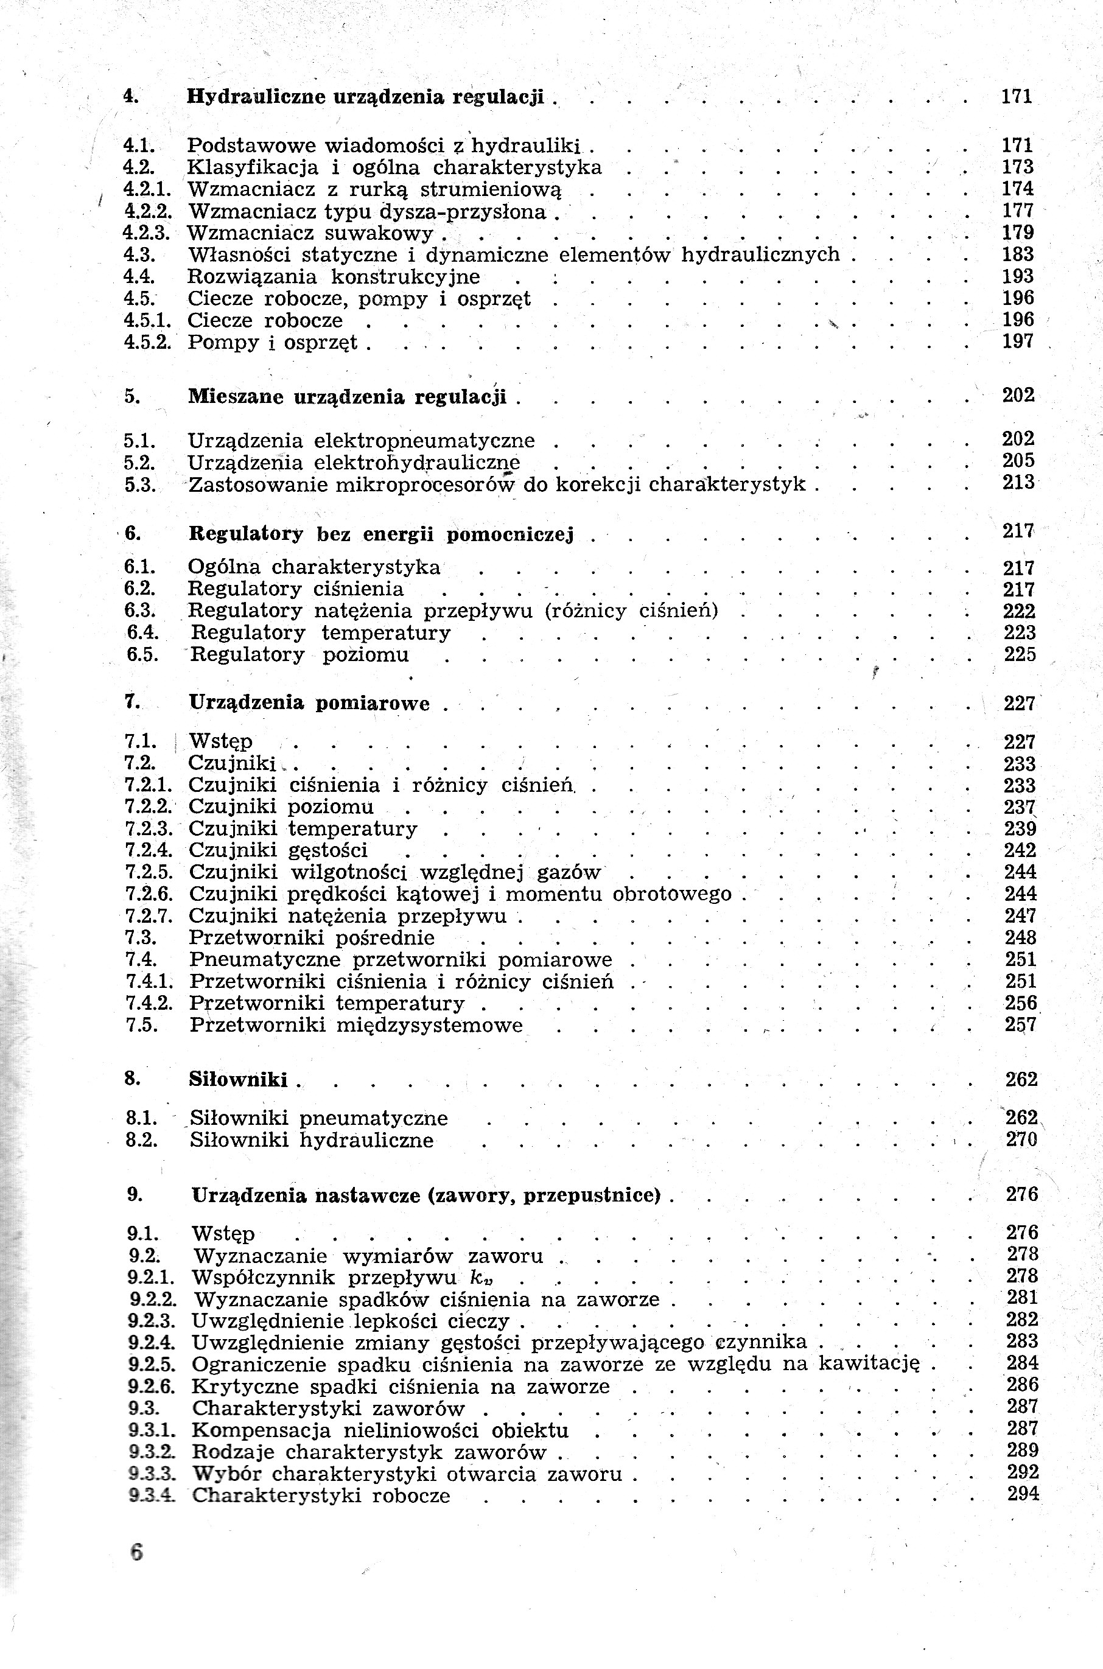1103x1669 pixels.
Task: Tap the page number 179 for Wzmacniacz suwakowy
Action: [1017, 233]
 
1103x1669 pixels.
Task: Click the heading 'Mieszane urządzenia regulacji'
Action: [347, 397]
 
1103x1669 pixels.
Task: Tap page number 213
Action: [1018, 483]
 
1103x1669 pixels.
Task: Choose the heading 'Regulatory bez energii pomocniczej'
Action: [381, 534]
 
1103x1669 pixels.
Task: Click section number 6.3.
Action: [139, 611]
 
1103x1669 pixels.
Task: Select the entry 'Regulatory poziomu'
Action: [299, 655]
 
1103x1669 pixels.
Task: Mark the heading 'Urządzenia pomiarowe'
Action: [309, 703]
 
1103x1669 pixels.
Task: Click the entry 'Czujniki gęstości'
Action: [279, 850]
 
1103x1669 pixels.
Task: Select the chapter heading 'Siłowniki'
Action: [238, 1080]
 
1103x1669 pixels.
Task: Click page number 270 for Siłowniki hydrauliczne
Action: [1021, 1139]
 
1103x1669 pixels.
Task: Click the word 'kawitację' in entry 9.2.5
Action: [869, 1365]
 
